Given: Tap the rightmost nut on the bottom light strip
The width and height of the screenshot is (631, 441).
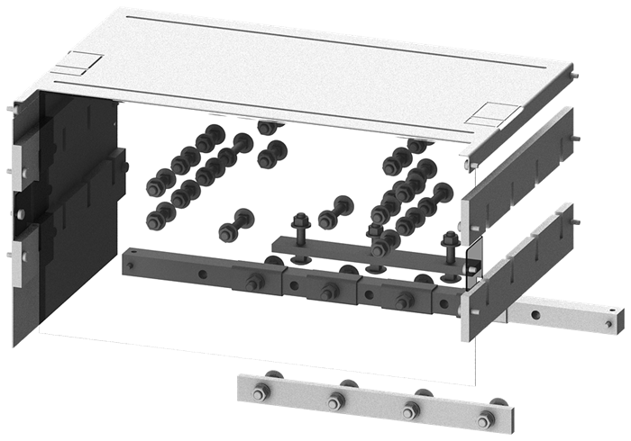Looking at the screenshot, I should (x=487, y=418).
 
